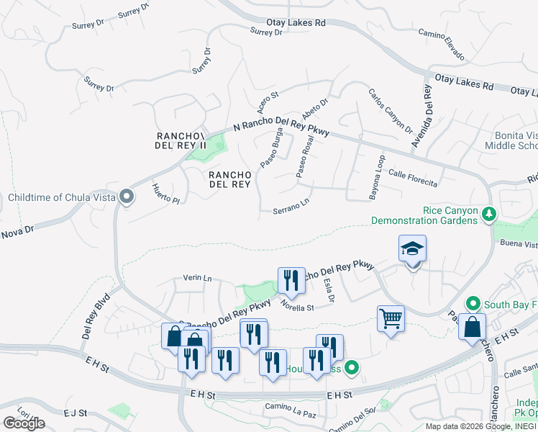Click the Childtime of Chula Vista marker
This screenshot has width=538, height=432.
[127, 197]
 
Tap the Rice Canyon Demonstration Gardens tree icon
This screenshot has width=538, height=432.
[489, 214]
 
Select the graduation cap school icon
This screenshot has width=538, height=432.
[413, 249]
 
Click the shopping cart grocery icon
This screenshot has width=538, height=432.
[391, 318]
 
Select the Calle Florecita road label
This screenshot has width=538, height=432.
[413, 178]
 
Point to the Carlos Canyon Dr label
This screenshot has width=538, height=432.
[390, 111]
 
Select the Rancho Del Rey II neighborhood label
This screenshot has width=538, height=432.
[181, 140]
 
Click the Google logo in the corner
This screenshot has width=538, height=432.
[24, 423]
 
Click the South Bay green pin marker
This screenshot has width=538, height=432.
[473, 304]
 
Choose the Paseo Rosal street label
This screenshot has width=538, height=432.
[305, 157]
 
